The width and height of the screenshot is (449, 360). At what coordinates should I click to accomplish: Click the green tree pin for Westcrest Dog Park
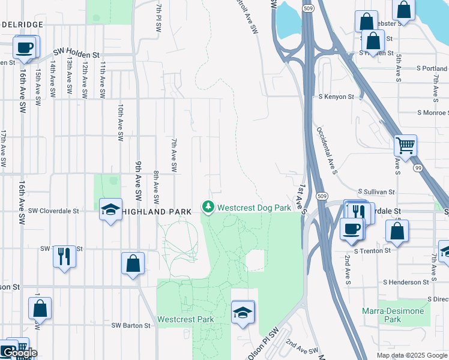pyautogui.click(x=208, y=208)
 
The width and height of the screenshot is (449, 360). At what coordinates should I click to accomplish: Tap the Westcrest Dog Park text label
pyautogui.click(x=254, y=208)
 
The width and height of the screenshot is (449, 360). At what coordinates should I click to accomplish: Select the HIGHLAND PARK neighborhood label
pyautogui.click(x=157, y=212)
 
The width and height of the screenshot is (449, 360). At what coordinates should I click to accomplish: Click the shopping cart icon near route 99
pyautogui.click(x=406, y=145)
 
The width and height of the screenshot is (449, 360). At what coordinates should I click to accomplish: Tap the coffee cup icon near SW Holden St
pyautogui.click(x=24, y=47)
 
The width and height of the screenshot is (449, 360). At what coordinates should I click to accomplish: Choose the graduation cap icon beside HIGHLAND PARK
pyautogui.click(x=110, y=209)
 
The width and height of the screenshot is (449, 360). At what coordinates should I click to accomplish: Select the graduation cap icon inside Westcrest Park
pyautogui.click(x=243, y=312)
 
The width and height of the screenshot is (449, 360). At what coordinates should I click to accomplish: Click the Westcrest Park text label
pyautogui.click(x=185, y=319)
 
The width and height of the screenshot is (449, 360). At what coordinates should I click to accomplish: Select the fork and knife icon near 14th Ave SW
pyautogui.click(x=64, y=256)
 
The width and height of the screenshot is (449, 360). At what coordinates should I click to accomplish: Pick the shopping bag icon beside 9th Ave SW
pyautogui.click(x=133, y=263)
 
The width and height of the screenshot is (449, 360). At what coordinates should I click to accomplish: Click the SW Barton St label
pyautogui.click(x=131, y=325)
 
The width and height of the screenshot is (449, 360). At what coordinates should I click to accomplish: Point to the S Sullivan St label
pyautogui.click(x=376, y=192)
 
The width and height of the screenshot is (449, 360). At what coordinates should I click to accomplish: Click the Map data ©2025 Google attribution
pyautogui.click(x=412, y=355)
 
